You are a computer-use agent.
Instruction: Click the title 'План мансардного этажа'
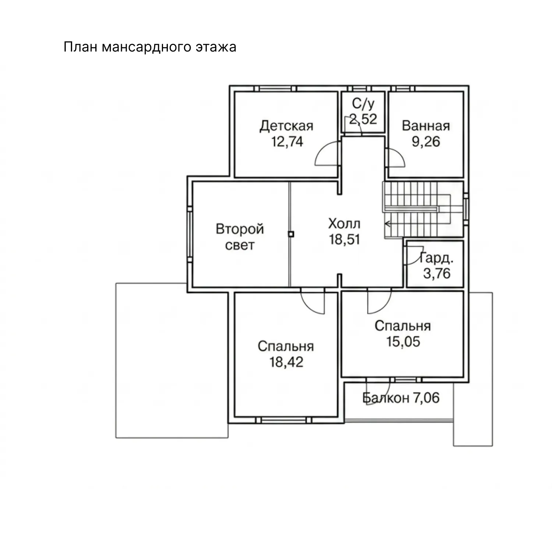tap(150, 47)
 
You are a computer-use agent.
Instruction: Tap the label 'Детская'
tap(287, 126)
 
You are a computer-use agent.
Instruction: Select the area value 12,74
tap(287, 141)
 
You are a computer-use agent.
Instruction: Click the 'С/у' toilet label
tap(363, 104)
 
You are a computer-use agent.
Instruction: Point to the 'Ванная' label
tap(426, 126)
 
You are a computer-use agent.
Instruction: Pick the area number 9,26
tap(426, 141)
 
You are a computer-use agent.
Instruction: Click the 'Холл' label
tap(344, 224)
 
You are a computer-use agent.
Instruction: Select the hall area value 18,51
tap(344, 239)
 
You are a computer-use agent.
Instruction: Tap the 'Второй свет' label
tap(240, 237)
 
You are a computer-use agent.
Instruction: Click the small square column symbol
tap(291, 234)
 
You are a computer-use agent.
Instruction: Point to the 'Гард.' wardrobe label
tap(437, 258)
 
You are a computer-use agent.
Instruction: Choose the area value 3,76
tap(437, 273)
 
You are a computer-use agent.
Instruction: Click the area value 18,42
tap(286, 362)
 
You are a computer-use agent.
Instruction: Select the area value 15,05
tap(403, 341)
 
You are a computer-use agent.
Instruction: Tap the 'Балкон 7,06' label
tap(401, 398)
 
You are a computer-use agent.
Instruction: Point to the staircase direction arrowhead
tap(387, 223)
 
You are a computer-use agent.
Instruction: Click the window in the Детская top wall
tap(276, 88)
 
